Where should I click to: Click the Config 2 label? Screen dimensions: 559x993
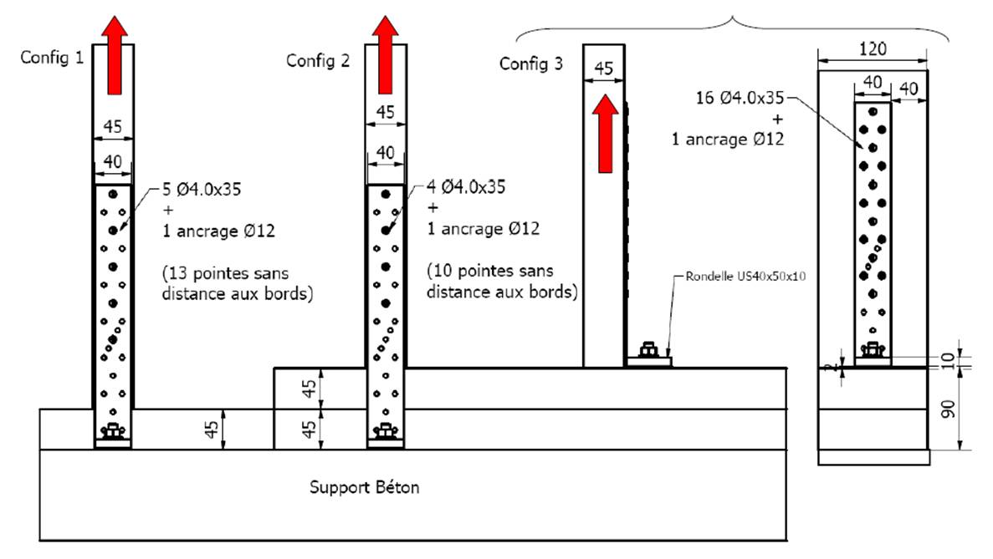(315, 60)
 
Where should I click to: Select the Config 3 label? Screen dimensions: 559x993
(531, 64)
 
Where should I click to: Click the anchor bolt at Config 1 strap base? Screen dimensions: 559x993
(111, 431)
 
